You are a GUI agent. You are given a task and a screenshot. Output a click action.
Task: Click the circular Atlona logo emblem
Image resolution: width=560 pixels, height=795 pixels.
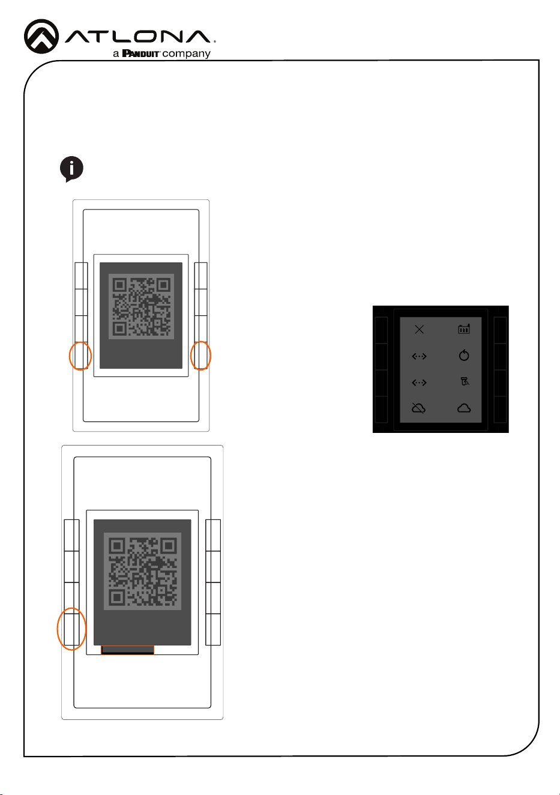coord(41,37)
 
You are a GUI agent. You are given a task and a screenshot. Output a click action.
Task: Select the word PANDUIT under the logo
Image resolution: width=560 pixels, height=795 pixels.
coord(140,53)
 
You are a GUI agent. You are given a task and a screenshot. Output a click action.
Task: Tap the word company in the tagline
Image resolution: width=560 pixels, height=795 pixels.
coord(186,54)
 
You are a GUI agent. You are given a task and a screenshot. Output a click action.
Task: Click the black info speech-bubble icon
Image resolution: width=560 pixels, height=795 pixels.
coord(71,169)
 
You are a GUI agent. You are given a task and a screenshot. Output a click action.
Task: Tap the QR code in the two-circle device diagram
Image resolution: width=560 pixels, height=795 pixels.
coord(141,306)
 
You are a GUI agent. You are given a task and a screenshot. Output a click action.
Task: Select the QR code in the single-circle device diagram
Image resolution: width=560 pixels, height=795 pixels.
coord(142,571)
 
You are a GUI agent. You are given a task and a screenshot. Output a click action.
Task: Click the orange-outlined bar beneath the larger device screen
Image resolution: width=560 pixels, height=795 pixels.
coord(128,650)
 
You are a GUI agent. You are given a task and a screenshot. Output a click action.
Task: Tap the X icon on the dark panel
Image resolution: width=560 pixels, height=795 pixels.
coord(419,330)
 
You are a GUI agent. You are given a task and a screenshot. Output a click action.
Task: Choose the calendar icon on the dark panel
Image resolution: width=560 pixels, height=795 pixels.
coord(464,329)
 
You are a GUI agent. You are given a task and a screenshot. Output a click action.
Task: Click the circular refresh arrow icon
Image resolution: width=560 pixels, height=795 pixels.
coord(464,355)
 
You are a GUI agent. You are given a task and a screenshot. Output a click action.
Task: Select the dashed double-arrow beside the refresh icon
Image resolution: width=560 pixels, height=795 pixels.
coord(419,356)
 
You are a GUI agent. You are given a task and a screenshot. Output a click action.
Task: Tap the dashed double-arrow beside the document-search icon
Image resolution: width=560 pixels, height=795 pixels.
coord(419,382)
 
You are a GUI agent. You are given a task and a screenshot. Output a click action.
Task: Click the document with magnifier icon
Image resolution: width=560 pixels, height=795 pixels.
coord(465,381)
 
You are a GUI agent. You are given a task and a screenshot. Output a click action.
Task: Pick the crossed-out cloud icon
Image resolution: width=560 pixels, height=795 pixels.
coord(419,408)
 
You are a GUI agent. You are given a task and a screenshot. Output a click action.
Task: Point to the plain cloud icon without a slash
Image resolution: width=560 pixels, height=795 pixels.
coord(464,408)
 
